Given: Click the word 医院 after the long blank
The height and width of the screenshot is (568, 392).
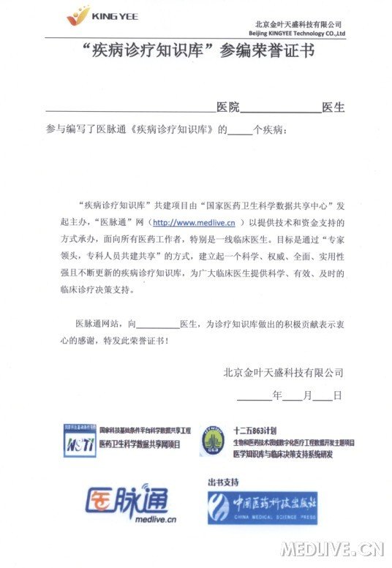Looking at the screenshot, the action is (x=228, y=107).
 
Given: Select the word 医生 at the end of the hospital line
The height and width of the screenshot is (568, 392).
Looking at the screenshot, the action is (x=333, y=107).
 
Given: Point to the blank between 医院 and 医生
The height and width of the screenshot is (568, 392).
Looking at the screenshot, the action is (x=281, y=110).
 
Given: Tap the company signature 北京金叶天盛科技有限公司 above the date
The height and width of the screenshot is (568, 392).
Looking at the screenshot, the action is (x=283, y=372).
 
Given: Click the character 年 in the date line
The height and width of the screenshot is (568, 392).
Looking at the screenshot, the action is (x=276, y=395).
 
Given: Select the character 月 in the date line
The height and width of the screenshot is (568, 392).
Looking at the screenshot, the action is (x=307, y=395).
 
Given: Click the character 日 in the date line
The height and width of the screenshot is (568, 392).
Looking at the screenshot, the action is (x=337, y=395).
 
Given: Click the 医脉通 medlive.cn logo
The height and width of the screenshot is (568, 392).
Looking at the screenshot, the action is (x=128, y=503).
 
